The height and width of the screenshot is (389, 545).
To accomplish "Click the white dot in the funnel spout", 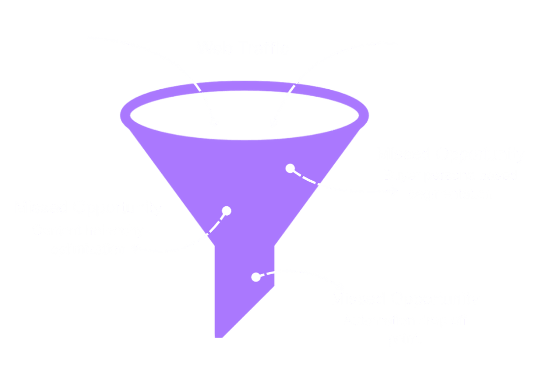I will [x=256, y=277].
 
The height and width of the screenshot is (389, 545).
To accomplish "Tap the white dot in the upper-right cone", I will [x=290, y=168].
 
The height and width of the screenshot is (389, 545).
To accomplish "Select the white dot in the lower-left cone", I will [x=226, y=211].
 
